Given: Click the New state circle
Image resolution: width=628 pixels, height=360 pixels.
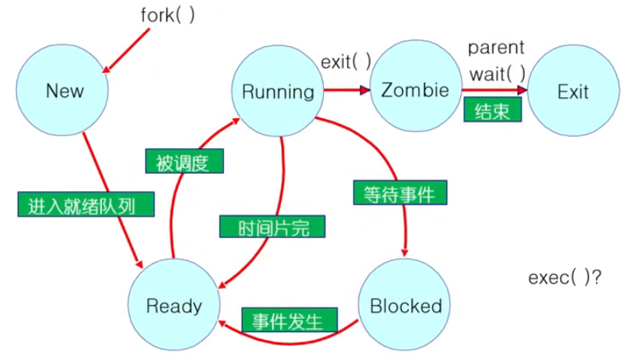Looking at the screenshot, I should click(64, 90).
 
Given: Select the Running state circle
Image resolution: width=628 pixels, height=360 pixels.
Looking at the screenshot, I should click(278, 91).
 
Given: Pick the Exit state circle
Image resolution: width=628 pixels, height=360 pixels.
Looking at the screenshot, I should click(572, 91).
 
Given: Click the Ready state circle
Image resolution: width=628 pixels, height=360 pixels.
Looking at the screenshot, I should click(174, 305).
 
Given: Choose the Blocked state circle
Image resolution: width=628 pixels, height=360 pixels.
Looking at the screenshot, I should click(405, 305).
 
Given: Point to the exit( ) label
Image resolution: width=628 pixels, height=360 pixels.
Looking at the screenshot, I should click(346, 61).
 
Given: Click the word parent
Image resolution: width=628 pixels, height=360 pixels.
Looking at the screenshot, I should click(496, 47).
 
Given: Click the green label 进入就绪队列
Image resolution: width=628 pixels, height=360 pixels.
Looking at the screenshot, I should click(85, 206).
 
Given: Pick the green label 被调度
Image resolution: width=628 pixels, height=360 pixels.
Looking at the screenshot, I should click(183, 162).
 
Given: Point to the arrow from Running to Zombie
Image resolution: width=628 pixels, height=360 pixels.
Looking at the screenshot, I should click(349, 91).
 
